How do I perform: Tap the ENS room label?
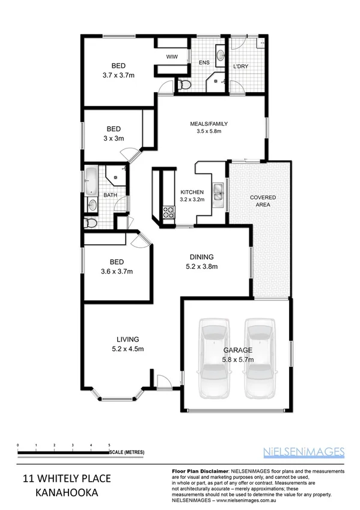pos(204,62)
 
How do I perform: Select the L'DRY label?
pos(241,66)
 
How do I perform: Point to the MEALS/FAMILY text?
pos(209,124)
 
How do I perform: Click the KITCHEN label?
pos(193,192)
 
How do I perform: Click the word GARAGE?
pos(237,349)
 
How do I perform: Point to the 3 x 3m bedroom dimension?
pos(114,139)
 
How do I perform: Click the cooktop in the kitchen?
pos(168,212)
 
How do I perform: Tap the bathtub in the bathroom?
pos(91,182)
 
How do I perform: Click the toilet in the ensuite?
pos(183,84)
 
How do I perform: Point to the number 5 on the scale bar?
pos(109,444)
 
